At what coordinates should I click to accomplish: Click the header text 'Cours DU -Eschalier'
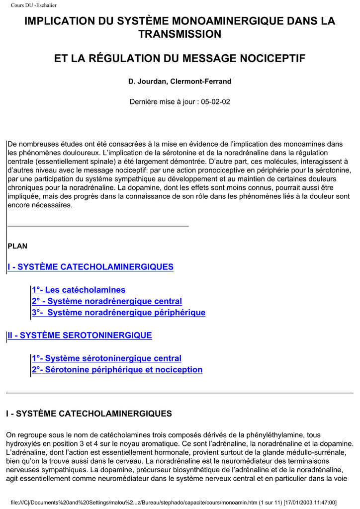pos(34,5)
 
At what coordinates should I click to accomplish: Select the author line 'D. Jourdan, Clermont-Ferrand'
pos(180,81)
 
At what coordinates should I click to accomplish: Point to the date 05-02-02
pos(215,101)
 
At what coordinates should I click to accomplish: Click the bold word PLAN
pos(17,246)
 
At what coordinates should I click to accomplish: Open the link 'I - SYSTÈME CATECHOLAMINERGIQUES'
pos(90,267)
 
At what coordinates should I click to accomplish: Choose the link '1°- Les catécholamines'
pos(78,290)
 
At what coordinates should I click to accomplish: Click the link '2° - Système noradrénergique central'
pos(106,301)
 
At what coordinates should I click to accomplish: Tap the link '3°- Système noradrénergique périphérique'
pos(118,313)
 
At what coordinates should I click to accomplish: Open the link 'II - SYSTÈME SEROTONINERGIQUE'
pos(80,336)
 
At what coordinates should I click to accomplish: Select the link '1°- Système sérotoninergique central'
pos(106,358)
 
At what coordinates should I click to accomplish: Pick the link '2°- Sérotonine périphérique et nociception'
pos(117,370)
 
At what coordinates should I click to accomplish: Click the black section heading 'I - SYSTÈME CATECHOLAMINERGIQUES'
pos(89,414)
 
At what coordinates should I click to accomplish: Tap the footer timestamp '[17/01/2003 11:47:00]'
pos(310,502)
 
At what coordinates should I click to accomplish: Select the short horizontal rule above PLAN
pos(98,226)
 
